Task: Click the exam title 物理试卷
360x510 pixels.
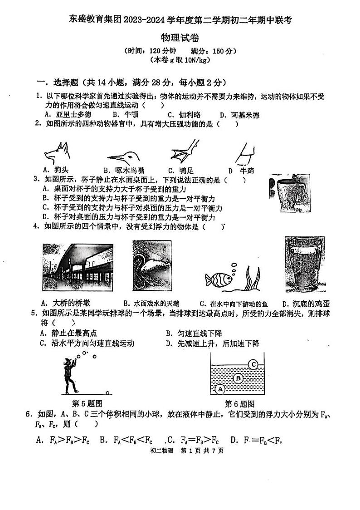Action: pos(180,38)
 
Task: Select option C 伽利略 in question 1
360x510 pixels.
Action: pos(184,115)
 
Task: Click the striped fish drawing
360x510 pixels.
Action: pos(218,278)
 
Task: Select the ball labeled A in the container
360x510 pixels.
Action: pos(220,389)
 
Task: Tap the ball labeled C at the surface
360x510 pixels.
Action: pos(253,364)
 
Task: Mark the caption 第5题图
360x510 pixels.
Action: pos(87,403)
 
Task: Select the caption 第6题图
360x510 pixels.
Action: pos(239,403)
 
